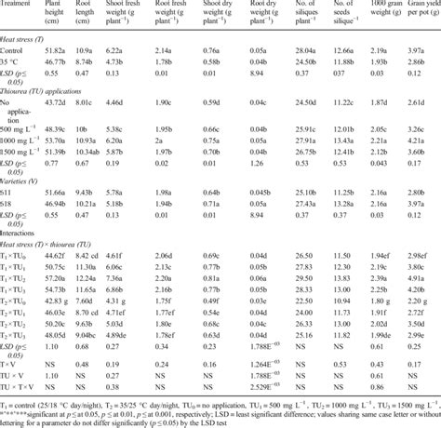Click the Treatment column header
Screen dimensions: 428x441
tap(20, 5)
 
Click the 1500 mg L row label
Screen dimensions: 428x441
tap(22, 150)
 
